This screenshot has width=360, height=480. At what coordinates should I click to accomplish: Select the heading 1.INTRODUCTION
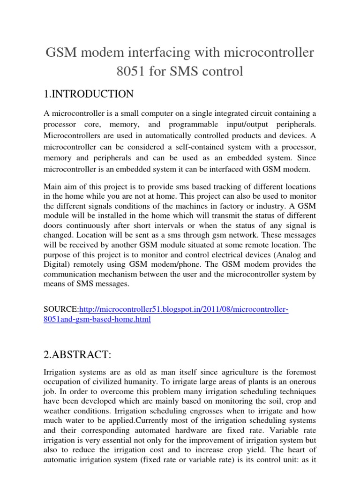(89, 94)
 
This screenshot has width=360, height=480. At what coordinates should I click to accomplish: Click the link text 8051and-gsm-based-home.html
(97, 319)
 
